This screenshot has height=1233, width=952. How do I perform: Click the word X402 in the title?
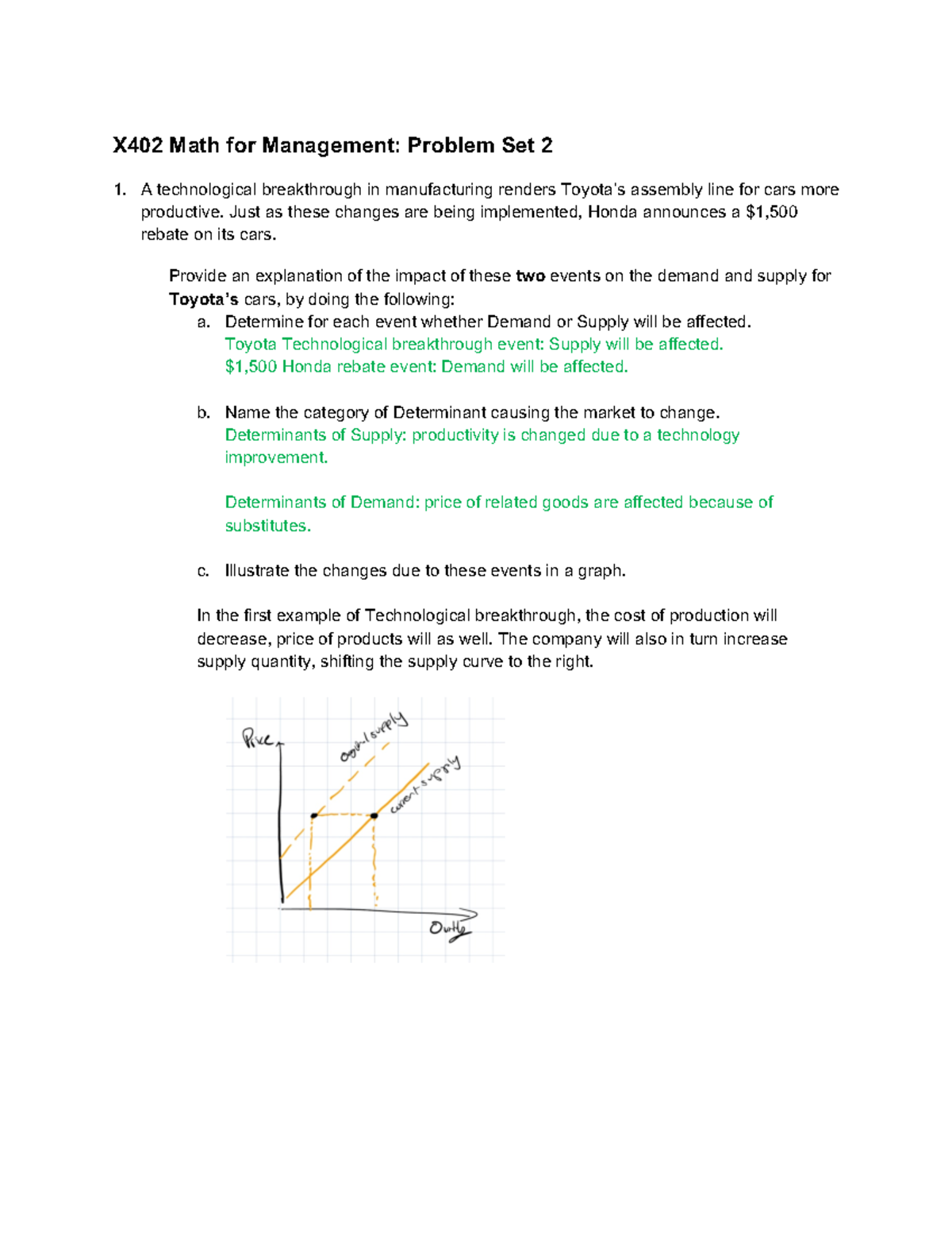137,145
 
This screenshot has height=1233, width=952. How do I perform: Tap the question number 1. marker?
120,190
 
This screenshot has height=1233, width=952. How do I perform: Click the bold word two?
530,276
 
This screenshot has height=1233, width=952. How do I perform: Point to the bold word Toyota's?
204,299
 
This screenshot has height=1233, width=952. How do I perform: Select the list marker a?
204,322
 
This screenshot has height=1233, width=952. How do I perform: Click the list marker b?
204,413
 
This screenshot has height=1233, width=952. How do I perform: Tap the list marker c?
204,571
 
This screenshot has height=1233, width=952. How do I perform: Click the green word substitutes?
267,526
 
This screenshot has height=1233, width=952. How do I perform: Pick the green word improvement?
276,458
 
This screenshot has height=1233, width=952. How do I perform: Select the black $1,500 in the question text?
772,212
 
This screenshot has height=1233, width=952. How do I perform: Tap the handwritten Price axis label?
259,739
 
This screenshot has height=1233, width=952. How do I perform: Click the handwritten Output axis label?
449,928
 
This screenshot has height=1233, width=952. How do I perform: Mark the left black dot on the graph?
314,815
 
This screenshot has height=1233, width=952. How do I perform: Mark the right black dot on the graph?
374,815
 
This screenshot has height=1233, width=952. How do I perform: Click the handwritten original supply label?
373,737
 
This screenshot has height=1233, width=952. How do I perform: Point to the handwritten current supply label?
424,785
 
